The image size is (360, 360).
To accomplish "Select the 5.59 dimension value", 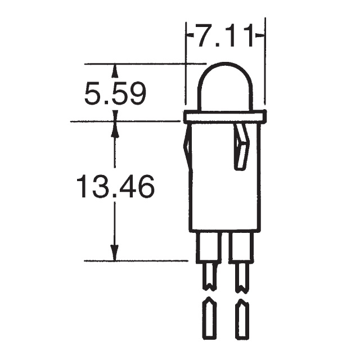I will pyautogui.click(x=115, y=93).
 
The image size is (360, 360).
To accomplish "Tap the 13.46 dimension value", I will pyautogui.click(x=115, y=187).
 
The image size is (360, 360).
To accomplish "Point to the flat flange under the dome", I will pyautogui.click(x=225, y=117).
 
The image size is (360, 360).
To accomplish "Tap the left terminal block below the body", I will pyautogui.click(x=208, y=247).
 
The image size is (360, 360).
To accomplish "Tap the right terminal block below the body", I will pyautogui.click(x=242, y=247).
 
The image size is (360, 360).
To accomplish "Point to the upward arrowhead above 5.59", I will pyautogui.click(x=115, y=70).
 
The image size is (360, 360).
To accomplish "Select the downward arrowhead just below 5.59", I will pyautogui.click(x=115, y=115).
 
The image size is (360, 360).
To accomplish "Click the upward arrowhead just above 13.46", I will pyautogui.click(x=115, y=128).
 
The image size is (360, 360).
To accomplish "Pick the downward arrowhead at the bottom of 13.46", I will pyautogui.click(x=115, y=254).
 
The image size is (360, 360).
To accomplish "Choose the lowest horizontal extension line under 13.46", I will pyautogui.click(x=135, y=261).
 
